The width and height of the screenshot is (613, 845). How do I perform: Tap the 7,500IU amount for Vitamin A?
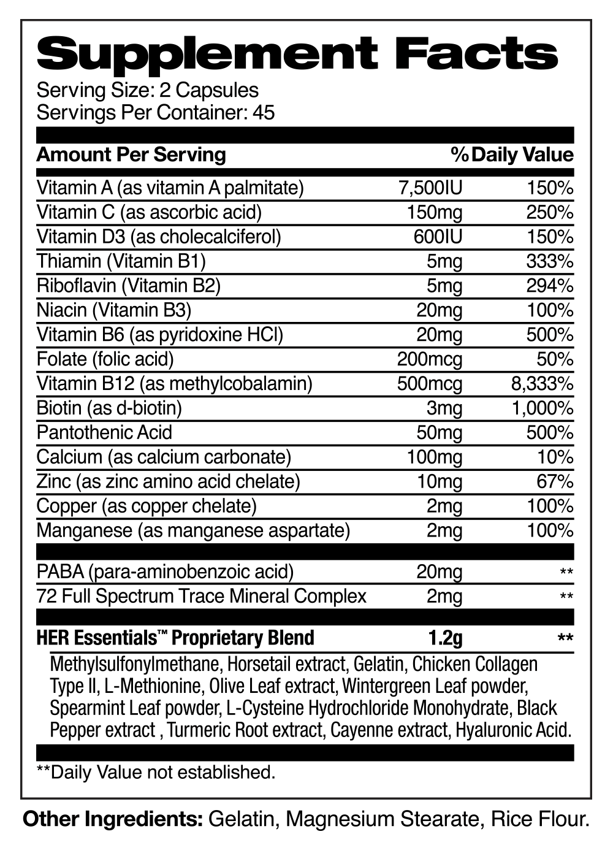point(430,188)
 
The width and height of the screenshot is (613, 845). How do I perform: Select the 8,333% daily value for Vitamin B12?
point(543,384)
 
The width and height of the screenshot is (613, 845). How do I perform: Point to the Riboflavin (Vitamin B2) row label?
point(128,286)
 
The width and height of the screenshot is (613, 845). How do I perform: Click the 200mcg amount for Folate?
point(430,359)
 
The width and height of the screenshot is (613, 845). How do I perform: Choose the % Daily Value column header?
point(512,155)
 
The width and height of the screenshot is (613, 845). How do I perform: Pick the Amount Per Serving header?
point(131,155)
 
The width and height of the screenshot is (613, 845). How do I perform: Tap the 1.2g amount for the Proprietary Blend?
point(445,638)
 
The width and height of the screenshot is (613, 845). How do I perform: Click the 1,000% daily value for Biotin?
point(543,408)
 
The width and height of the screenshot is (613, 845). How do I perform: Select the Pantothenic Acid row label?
point(104,433)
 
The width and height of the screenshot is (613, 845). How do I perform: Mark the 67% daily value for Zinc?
point(555,482)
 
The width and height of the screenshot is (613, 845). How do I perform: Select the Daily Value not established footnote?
point(156,772)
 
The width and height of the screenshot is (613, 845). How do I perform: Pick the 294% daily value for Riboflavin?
point(550,286)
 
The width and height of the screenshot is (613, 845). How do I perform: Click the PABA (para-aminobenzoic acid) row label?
point(165,572)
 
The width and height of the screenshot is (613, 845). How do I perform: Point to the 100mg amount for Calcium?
point(435,457)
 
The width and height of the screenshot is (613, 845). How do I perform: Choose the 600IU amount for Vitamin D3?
point(438,237)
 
